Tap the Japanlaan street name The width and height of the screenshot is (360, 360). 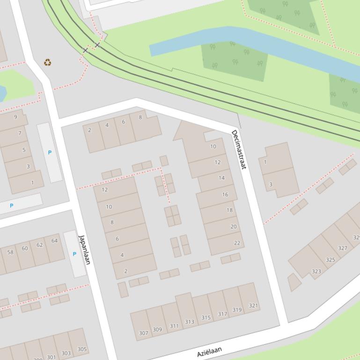click(84, 249)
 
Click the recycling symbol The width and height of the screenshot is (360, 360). click(47, 62)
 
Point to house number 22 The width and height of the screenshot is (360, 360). click(237, 243)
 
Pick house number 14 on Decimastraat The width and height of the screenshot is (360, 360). click(221, 178)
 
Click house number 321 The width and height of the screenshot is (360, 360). click(253, 306)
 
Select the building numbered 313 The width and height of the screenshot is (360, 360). click(189, 322)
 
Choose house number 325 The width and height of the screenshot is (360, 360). click(331, 259)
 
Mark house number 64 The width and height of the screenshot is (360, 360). click(54, 241)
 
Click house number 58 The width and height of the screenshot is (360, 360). click(10, 252)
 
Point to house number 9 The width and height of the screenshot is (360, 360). click(15, 117)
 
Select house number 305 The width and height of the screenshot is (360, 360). click(81, 349)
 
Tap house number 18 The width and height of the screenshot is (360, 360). click(229, 210)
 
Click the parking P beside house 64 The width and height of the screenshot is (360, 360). click(74, 254)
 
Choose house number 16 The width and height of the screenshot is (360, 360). click(225, 194)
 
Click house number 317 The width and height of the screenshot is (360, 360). click(222, 314)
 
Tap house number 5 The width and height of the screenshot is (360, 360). click(24, 150)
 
